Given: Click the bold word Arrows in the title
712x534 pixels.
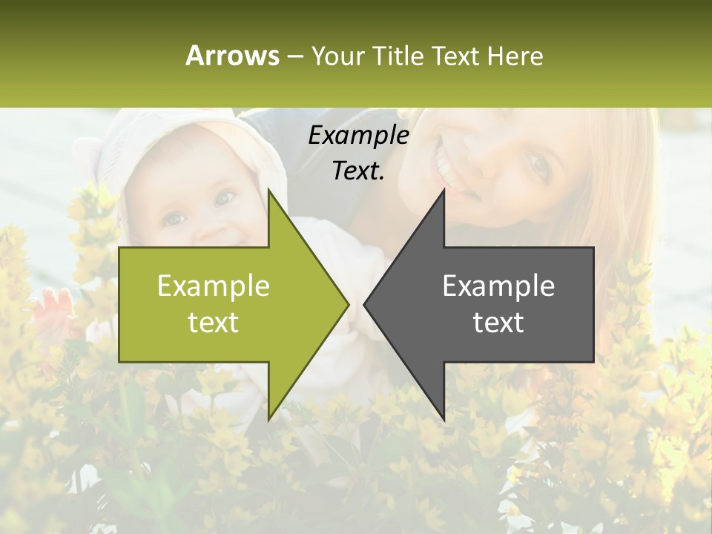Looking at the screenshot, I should pyautogui.click(x=233, y=56).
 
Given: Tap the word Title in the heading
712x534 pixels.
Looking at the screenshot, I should pyautogui.click(x=399, y=56).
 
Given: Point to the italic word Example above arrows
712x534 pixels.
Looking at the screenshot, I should pyautogui.click(x=358, y=135).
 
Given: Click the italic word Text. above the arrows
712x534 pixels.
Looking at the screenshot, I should pyautogui.click(x=358, y=171).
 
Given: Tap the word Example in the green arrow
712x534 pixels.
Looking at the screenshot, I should pyautogui.click(x=214, y=286).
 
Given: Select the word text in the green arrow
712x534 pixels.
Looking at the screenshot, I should pyautogui.click(x=214, y=322).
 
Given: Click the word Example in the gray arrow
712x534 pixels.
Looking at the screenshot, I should pyautogui.click(x=498, y=286).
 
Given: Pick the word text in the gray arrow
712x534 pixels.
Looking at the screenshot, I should pyautogui.click(x=498, y=322).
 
